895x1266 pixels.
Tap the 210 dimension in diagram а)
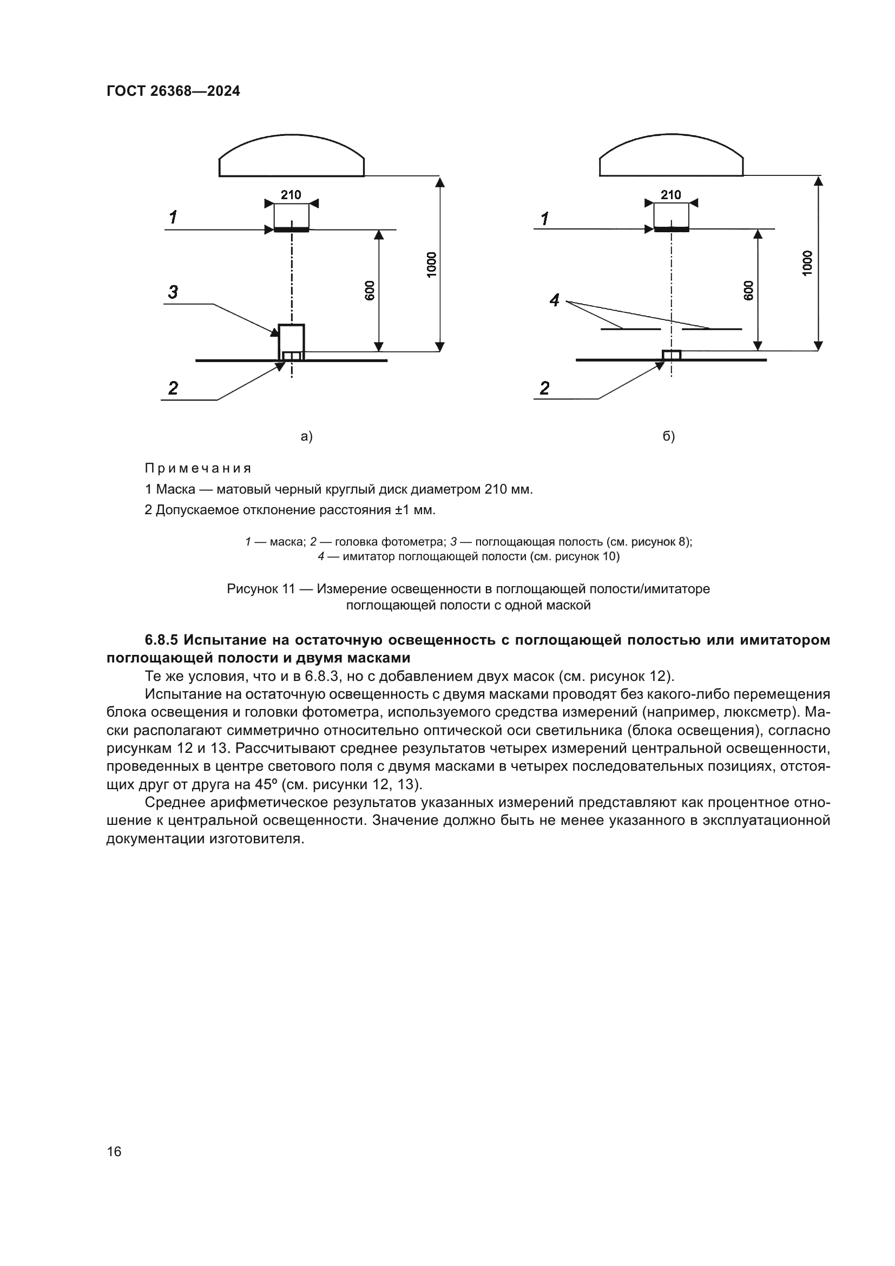tap(291, 195)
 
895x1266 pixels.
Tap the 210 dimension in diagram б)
tap(670, 195)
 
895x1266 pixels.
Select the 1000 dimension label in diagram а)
tap(431, 264)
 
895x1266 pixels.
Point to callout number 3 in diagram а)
tap(173, 292)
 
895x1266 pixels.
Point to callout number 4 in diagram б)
tap(555, 300)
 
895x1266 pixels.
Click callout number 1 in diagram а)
tap(173, 218)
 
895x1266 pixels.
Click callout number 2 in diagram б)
tap(544, 389)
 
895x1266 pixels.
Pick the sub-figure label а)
tap(306, 437)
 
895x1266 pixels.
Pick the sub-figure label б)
tap(668, 437)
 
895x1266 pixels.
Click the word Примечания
tap(198, 469)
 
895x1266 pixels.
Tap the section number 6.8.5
tap(161, 640)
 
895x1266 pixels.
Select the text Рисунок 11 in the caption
tap(261, 589)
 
